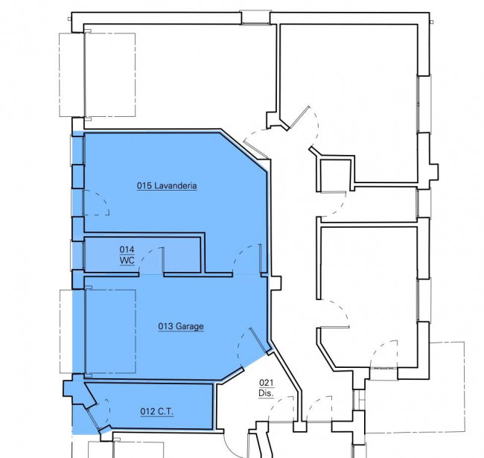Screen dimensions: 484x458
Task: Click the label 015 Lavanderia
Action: tap(167, 185)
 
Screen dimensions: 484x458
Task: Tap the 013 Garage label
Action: tap(181, 326)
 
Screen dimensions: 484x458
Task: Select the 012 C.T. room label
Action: tap(157, 411)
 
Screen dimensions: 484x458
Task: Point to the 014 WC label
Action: tap(127, 255)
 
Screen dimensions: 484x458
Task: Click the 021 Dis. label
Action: tap(266, 388)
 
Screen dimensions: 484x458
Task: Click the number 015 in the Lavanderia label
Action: tap(144, 185)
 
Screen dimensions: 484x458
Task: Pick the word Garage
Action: tap(190, 326)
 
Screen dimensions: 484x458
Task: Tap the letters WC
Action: tap(127, 260)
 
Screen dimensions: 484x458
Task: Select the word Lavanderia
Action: tap(175, 185)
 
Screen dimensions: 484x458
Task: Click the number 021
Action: tap(266, 384)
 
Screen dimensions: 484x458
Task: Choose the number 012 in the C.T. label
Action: tap(147, 411)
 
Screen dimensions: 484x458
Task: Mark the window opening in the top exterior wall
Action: tap(255, 18)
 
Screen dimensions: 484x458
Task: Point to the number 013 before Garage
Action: tap(165, 326)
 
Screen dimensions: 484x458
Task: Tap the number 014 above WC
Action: tap(127, 249)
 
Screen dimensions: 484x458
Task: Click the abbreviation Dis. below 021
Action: tap(266, 393)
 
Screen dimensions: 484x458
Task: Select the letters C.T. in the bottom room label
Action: tap(166, 411)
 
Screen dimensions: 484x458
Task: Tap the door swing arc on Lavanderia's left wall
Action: tap(100, 200)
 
